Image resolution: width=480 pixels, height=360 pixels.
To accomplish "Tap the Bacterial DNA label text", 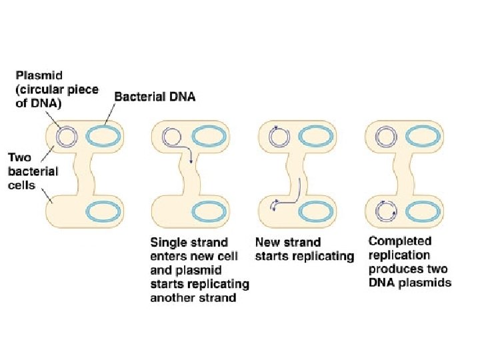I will click(x=155, y=97).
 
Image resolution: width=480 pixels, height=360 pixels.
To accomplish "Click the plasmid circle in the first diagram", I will click(x=66, y=137).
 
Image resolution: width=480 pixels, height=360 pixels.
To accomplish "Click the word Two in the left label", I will click(x=19, y=158).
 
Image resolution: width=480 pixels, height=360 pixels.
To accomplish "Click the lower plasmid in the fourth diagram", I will click(x=385, y=212).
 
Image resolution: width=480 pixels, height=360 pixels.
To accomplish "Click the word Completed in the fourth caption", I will click(x=400, y=241).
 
